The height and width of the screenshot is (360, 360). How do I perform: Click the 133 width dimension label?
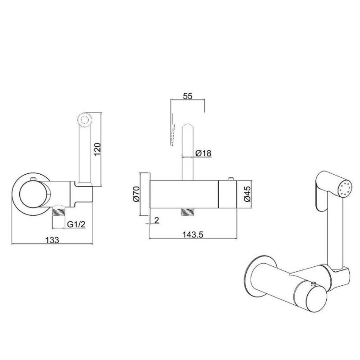click(52, 240)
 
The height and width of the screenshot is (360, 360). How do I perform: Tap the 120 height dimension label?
click(97, 149)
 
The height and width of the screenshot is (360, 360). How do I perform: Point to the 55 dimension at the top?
click(187, 96)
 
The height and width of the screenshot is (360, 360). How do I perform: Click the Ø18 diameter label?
click(203, 153)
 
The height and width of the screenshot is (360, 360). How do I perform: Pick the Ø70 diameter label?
click(136, 194)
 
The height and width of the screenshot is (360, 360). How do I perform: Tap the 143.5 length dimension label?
click(193, 235)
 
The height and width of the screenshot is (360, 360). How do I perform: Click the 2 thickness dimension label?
click(157, 221)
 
